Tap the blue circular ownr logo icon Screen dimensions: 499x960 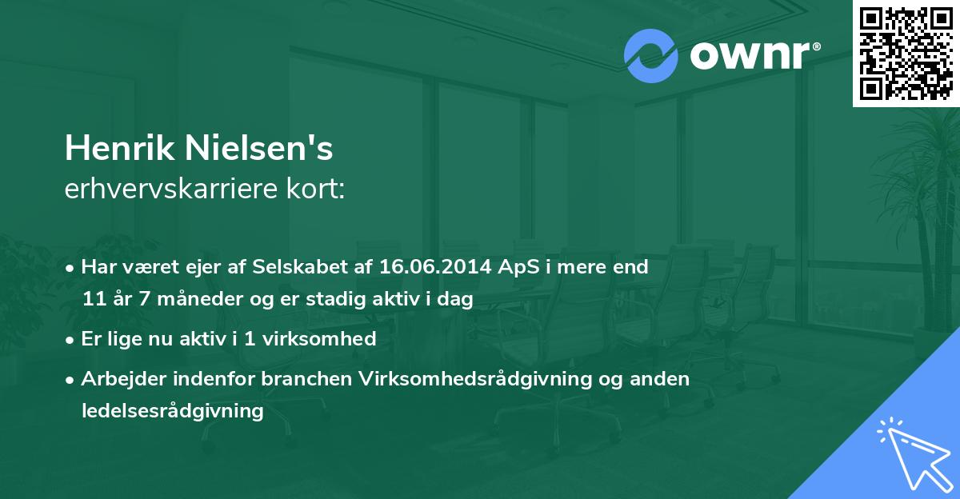[x=651, y=56]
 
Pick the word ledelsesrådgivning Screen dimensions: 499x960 [x=172, y=411]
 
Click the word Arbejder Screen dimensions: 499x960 [x=117, y=379]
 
